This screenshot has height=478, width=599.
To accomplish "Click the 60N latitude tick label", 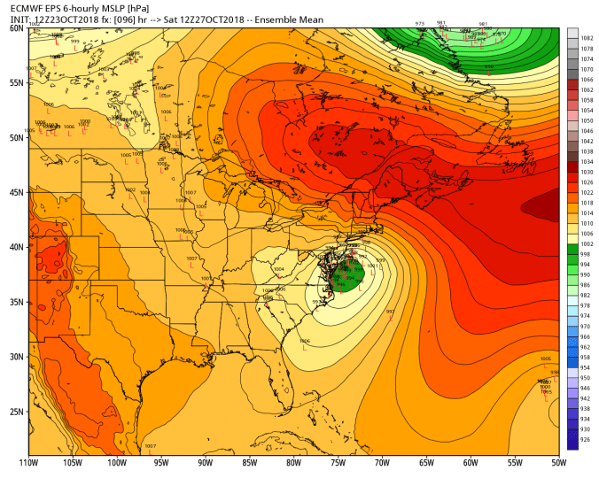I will (16, 28).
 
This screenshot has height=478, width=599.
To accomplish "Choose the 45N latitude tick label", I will (16, 192).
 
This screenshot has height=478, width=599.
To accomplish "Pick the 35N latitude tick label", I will (16, 302).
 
